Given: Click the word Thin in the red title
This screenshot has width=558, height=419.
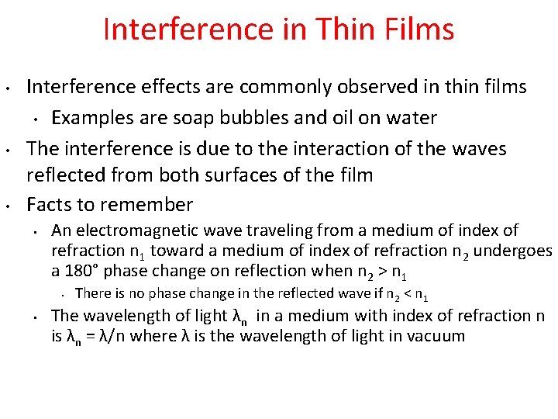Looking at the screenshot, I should (x=342, y=29).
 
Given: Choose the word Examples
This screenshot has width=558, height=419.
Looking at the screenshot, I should (x=90, y=118).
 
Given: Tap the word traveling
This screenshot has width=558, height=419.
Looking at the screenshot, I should (x=284, y=230).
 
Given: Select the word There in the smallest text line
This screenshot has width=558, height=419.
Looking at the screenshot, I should (x=94, y=293).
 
